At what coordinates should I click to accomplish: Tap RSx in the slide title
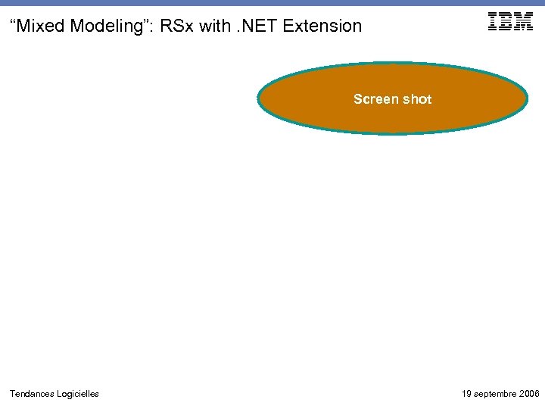pyautogui.click(x=178, y=26)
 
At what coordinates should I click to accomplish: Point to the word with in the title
pyautogui.click(x=216, y=26)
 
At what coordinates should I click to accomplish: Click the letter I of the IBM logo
pyautogui.click(x=494, y=22)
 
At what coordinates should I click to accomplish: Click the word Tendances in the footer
pyautogui.click(x=32, y=394)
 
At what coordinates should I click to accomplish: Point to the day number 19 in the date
pyautogui.click(x=466, y=394)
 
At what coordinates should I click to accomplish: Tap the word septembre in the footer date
pyautogui.click(x=495, y=394)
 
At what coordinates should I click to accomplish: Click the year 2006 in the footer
pyautogui.click(x=530, y=394)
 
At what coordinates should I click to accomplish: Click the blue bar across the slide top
pyautogui.click(x=272, y=3)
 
